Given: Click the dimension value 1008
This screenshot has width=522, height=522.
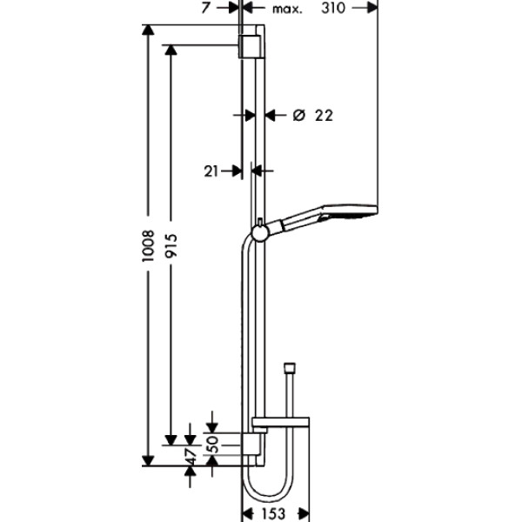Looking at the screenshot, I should (x=149, y=246).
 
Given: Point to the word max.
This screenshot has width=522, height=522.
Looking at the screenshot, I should (x=286, y=10).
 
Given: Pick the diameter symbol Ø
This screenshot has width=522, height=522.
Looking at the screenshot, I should (x=298, y=115).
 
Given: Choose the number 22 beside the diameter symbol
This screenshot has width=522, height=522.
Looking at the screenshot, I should (x=324, y=115).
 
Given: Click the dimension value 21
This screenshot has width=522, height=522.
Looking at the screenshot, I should (x=211, y=171).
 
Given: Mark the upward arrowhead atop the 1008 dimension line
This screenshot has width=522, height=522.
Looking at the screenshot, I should (x=149, y=33).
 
